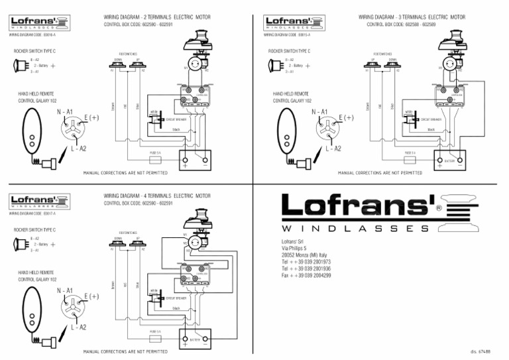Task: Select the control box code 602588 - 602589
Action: tap(401, 24)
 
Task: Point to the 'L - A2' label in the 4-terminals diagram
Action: tap(78, 327)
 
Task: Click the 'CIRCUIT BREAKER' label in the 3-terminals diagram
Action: tap(430, 120)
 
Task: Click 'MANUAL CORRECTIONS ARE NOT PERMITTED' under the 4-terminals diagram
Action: tap(125, 351)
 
